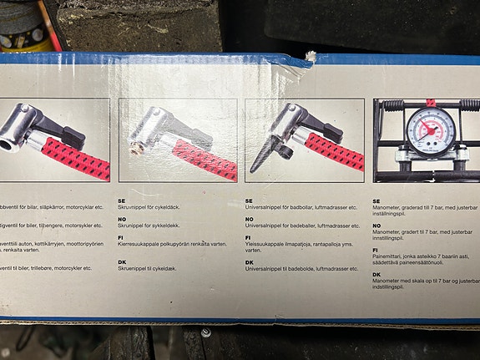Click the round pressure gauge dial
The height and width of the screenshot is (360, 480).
coord(431,129)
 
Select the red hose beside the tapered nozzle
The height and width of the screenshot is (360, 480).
coord(334,150)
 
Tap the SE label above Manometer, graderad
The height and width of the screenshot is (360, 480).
coord(376,200)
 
